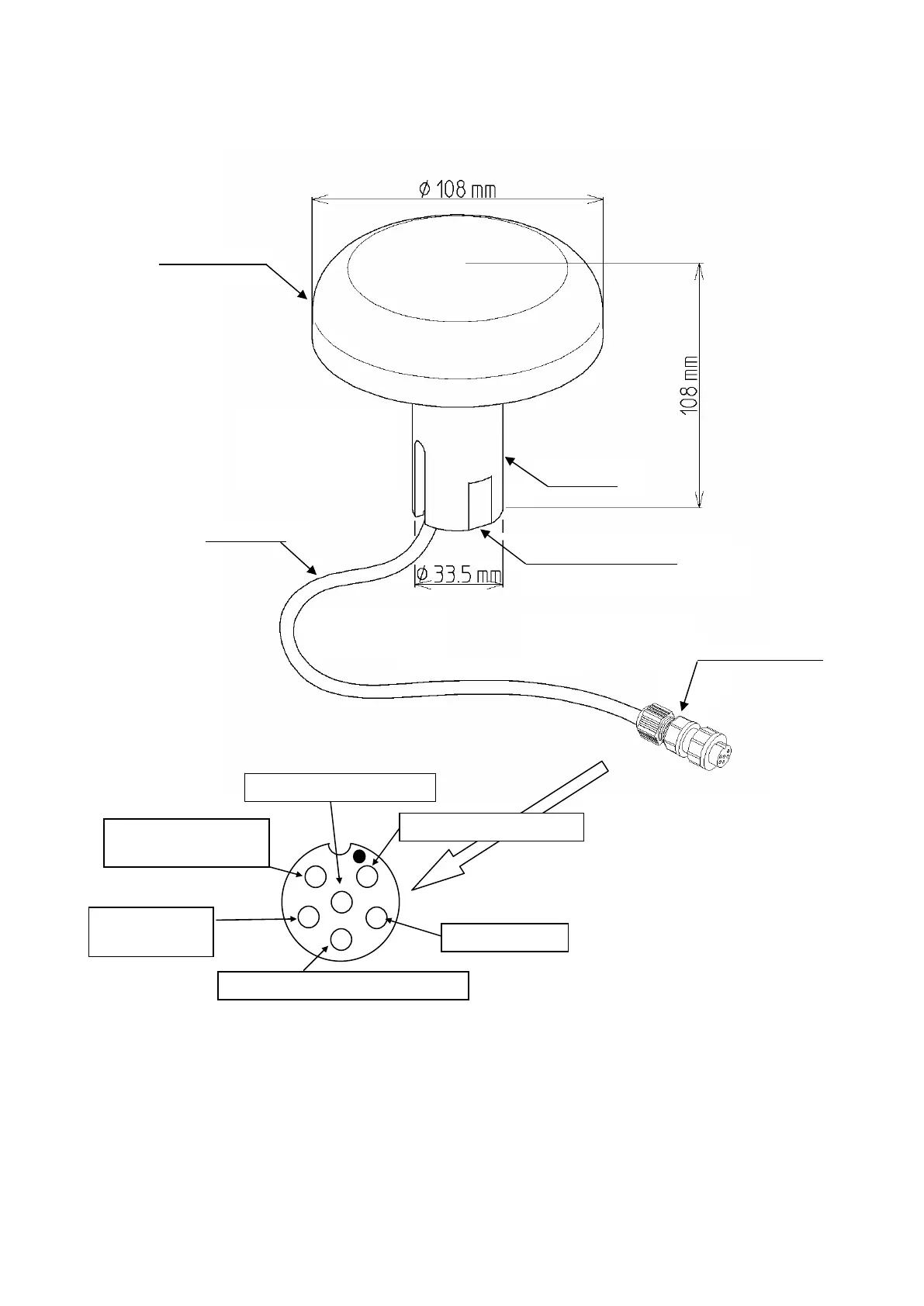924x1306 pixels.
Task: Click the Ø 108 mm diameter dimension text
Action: coord(457,188)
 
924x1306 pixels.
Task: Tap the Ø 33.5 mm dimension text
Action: coord(458,575)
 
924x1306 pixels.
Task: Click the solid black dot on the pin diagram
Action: coord(358,856)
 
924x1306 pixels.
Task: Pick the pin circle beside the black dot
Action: coord(367,876)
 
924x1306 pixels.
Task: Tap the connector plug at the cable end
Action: coord(686,737)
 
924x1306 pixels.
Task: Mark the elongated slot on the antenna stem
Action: coord(418,477)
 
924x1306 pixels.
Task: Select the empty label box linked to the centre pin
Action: coord(340,787)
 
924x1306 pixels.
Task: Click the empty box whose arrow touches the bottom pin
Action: coord(343,985)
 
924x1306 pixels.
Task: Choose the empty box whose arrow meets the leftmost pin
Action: coord(151,931)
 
